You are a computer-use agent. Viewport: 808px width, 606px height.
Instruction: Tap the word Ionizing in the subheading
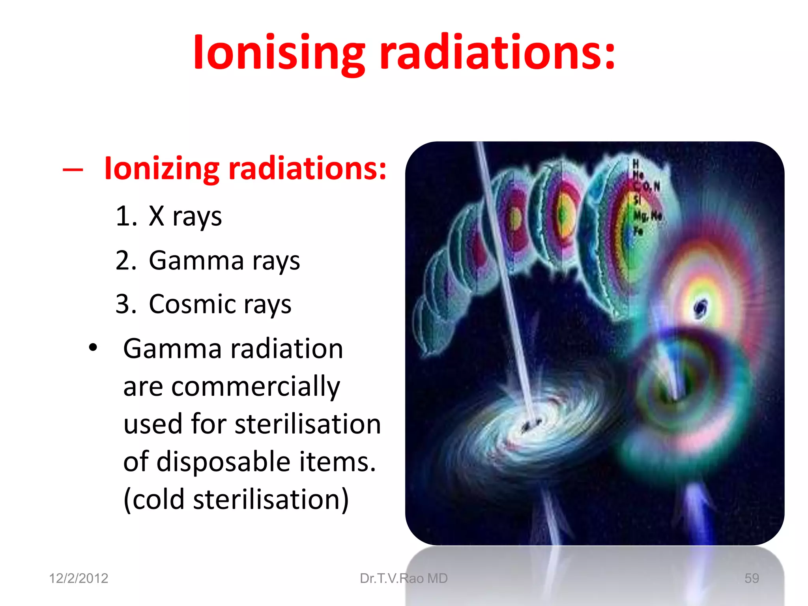coord(161,169)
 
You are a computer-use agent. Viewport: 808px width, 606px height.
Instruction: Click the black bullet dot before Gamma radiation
coord(93,348)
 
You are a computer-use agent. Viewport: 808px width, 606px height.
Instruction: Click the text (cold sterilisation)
coord(236,499)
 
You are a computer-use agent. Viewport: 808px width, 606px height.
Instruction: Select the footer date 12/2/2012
coord(79,578)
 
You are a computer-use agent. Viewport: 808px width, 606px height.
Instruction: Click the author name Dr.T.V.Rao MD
coord(404,578)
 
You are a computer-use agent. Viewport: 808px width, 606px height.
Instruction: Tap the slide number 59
coord(752,578)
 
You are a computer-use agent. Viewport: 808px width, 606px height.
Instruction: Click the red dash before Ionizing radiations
coord(73,170)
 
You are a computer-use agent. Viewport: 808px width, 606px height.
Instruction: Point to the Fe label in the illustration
coord(638,231)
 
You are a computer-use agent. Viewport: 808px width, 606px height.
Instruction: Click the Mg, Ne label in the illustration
coord(647,216)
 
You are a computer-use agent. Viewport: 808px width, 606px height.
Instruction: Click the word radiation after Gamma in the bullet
coord(287,349)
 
